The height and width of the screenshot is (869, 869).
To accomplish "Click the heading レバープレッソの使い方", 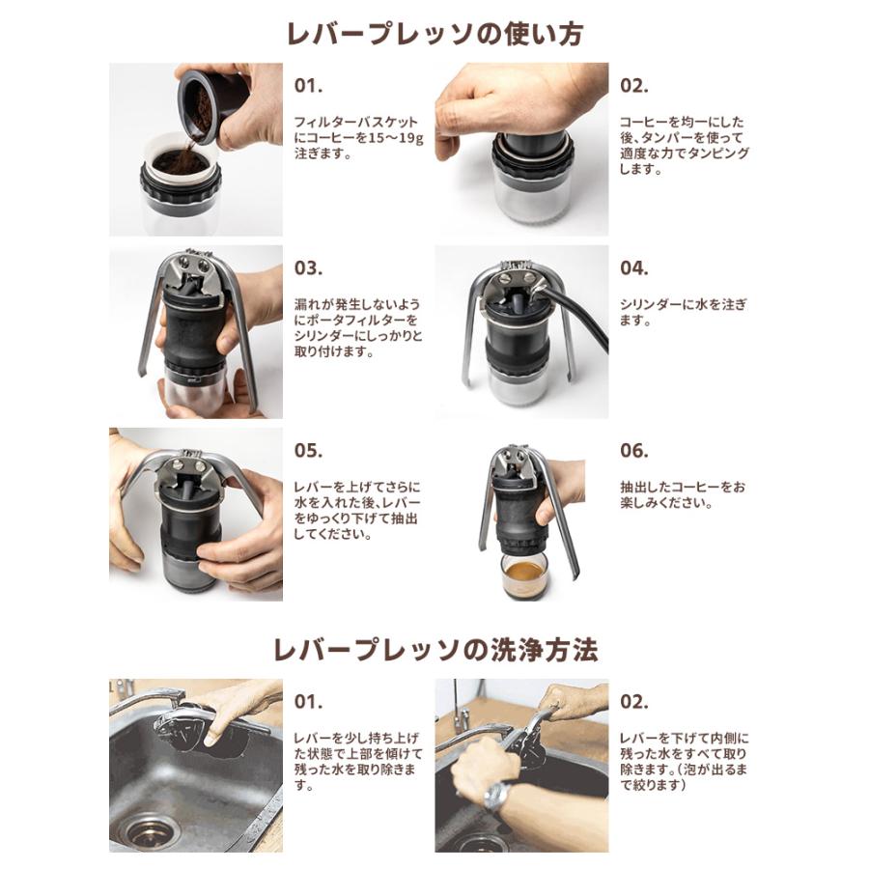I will [x=434, y=33].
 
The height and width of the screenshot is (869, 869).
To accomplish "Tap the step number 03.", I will [x=309, y=268].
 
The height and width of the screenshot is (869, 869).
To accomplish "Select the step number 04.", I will [x=634, y=268].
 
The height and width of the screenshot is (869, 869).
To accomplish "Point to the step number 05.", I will [x=309, y=451].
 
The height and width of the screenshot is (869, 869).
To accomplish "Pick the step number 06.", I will [x=634, y=451].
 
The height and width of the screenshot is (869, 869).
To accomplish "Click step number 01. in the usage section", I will [x=308, y=86].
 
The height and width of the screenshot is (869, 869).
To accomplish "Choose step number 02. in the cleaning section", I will [x=634, y=702].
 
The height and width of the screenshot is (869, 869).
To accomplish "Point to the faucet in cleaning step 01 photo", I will [x=145, y=700].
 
